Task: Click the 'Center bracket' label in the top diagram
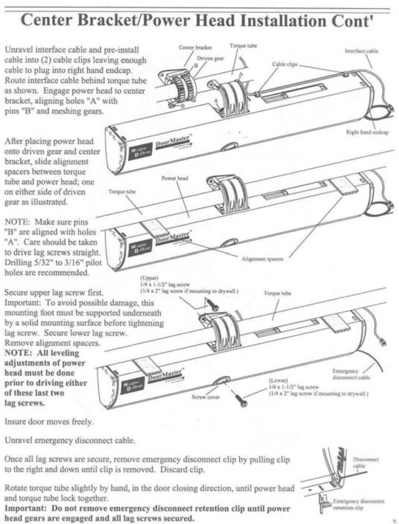pos(195,48)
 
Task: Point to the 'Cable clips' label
pos(285,64)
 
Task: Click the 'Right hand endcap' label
pos(367,132)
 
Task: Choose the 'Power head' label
pos(174,178)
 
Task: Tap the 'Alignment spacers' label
pos(262,259)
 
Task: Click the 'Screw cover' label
pos(205,397)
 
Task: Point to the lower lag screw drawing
pos(241,399)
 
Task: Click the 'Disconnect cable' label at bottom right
pos(365,462)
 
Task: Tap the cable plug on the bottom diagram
pos(384,342)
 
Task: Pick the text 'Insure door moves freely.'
pos(49,421)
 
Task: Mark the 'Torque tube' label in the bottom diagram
pos(277,293)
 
